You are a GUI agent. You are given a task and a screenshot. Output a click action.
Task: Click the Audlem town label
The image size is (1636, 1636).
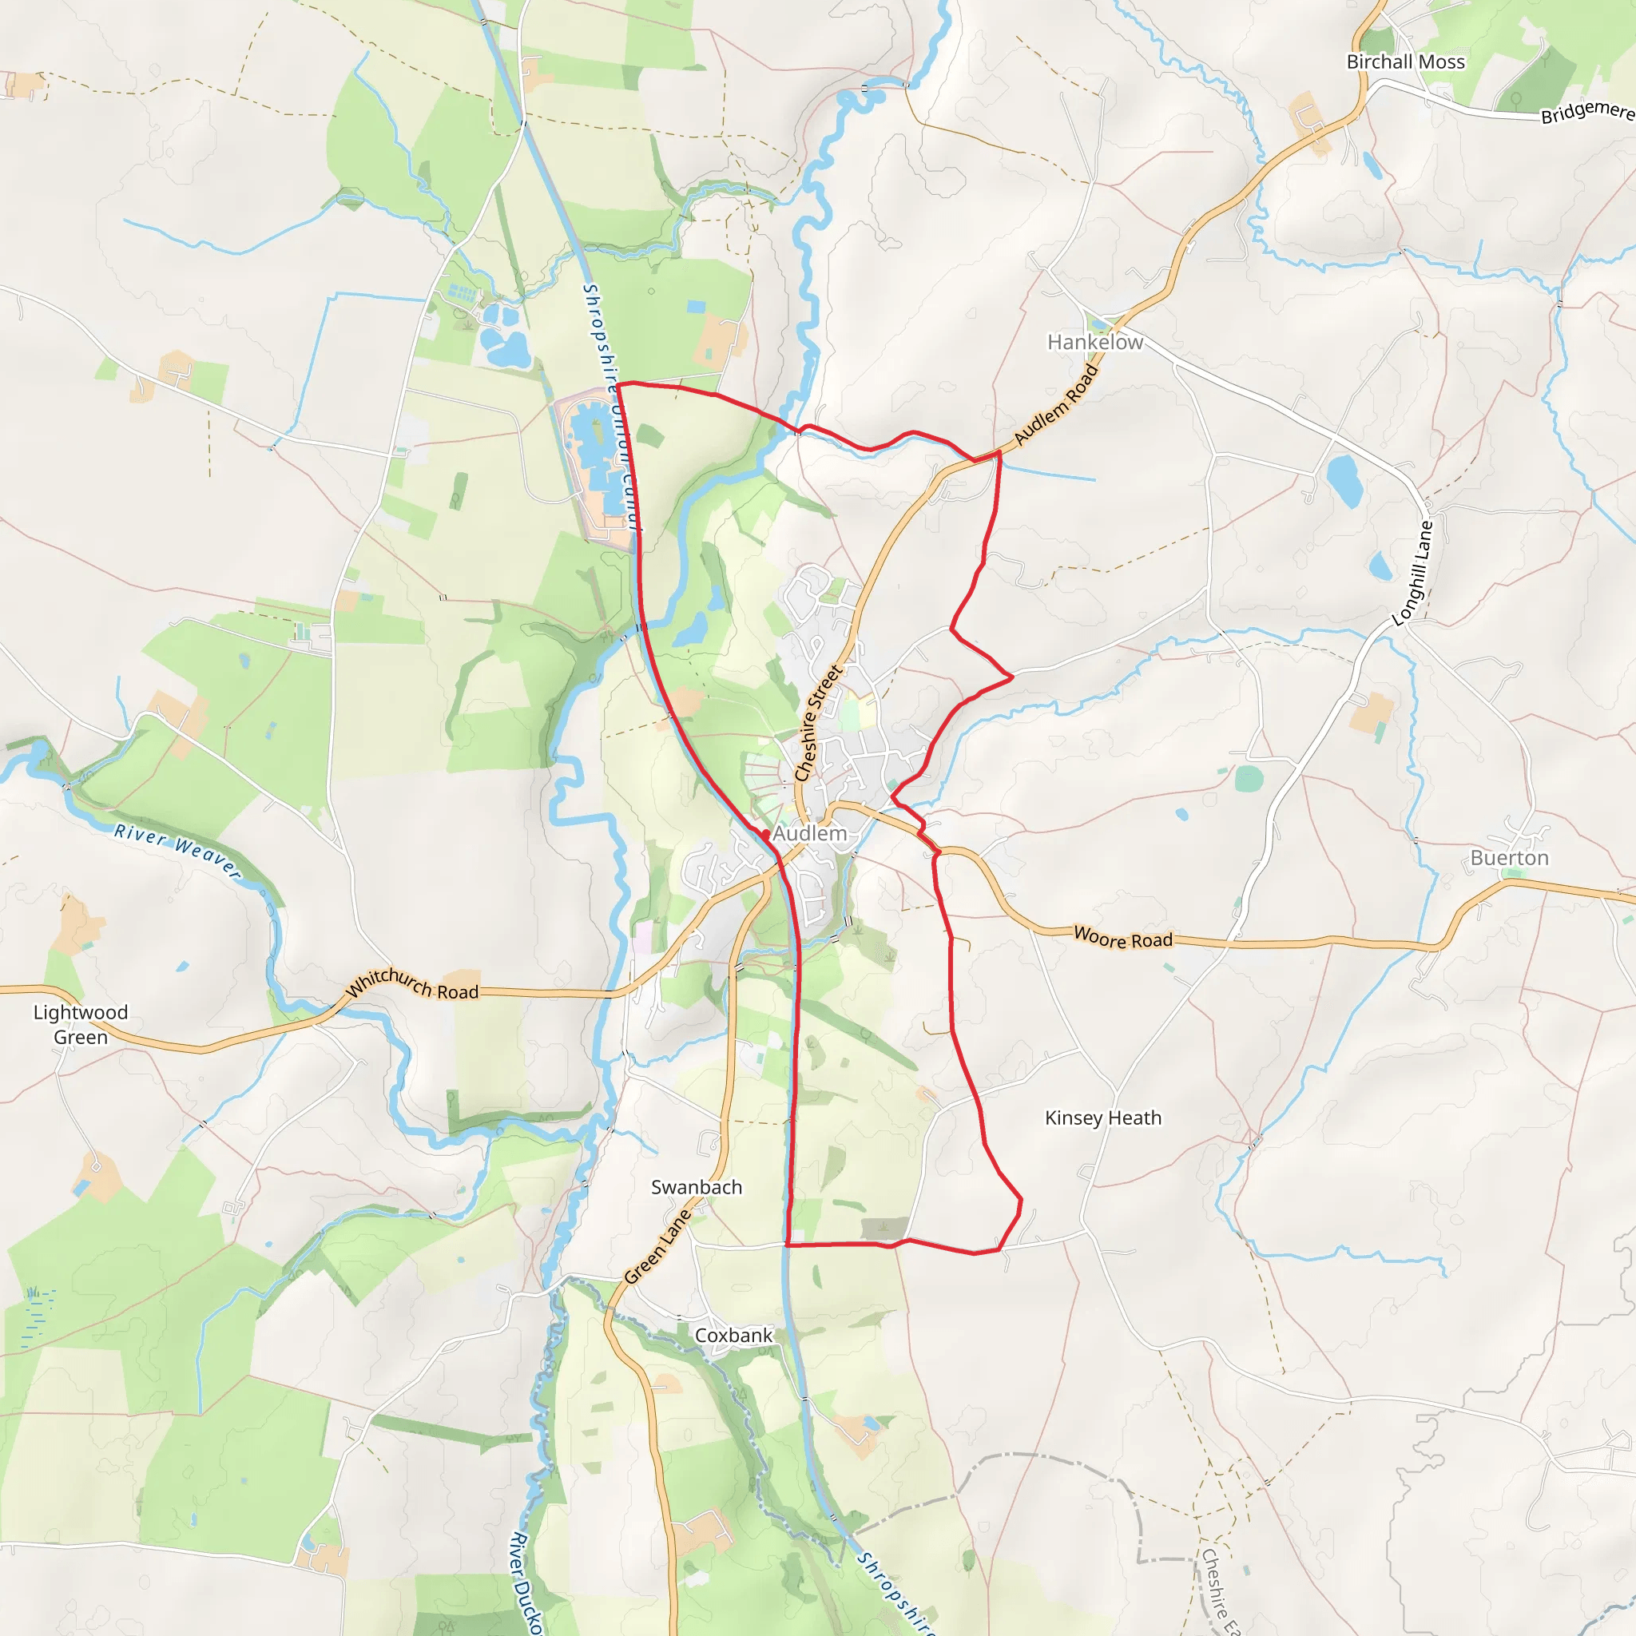809,834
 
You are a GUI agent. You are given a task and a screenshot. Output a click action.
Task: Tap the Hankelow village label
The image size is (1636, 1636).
1095,342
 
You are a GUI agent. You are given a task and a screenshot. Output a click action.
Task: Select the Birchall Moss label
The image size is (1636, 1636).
1406,62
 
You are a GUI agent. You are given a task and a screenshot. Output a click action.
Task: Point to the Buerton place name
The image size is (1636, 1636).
1509,858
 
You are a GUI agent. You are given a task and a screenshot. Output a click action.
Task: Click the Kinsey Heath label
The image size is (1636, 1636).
1102,1118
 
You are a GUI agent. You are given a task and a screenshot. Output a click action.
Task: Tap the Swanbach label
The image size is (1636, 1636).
696,1187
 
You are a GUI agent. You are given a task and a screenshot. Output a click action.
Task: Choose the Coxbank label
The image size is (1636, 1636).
733,1336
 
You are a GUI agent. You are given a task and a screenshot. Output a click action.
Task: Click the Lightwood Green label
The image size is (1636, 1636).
81,1025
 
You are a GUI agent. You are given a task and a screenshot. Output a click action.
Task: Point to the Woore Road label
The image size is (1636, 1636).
1123,939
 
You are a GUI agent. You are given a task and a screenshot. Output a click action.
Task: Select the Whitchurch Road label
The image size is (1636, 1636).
412,985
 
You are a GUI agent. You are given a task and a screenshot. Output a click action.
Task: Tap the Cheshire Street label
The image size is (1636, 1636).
818,723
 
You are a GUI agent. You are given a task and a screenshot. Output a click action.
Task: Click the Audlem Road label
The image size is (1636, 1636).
1056,405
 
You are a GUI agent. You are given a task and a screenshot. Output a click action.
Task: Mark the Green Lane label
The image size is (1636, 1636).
657,1247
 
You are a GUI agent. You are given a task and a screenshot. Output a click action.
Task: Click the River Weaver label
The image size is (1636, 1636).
178,849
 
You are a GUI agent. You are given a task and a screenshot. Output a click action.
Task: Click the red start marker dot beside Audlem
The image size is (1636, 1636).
764,835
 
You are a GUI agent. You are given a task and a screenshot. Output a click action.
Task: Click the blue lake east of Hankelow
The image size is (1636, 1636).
1343,481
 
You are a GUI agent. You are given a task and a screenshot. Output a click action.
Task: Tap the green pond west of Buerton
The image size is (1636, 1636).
1249,778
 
